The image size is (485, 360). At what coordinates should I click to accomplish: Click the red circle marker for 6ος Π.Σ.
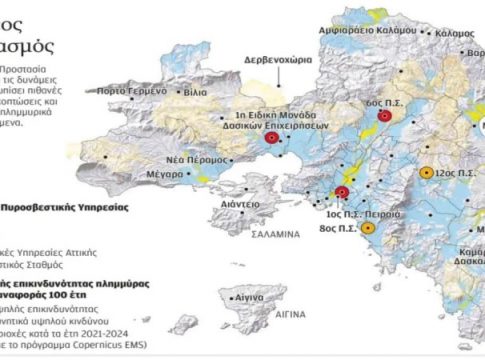pos(385,119)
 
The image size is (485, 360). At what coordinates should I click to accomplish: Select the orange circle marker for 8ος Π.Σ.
pos(369,228)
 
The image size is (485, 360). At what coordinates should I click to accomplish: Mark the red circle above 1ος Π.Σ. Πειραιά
pos(342,192)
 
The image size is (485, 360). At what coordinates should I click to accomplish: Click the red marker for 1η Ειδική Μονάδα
pos(272,139)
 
